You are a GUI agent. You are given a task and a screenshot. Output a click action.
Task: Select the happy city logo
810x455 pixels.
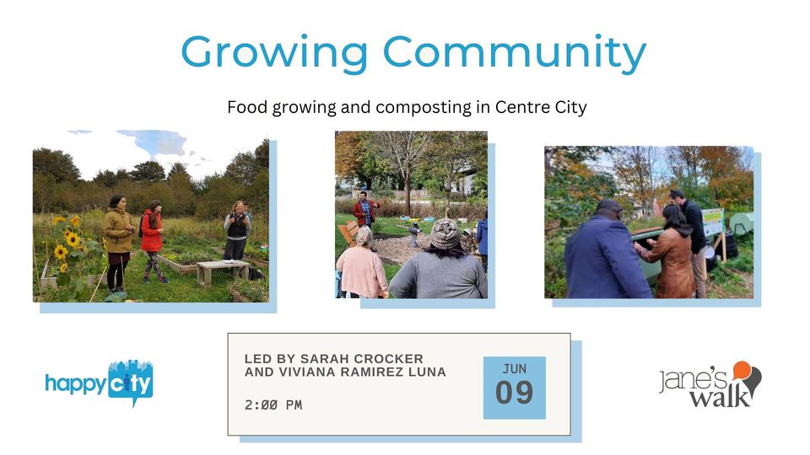[100, 383]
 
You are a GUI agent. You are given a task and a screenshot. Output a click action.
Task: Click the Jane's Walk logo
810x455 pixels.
[710, 384]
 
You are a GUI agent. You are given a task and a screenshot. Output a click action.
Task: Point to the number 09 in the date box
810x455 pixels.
[514, 393]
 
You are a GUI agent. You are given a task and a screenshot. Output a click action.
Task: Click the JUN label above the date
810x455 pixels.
[515, 369]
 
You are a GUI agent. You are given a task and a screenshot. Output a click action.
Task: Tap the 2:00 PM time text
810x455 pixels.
[273, 405]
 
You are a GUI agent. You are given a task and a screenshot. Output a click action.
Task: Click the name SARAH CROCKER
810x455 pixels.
[362, 359]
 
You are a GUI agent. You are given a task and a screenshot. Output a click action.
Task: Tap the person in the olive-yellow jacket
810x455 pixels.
[118, 242]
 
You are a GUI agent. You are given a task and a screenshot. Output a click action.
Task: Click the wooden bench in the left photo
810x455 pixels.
[223, 270]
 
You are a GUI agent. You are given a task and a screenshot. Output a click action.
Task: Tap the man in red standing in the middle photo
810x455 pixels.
[365, 210]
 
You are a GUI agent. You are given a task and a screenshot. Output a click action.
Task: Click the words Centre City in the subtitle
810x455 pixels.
[541, 108]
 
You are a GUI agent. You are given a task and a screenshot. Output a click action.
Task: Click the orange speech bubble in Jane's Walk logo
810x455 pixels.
[742, 369]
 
